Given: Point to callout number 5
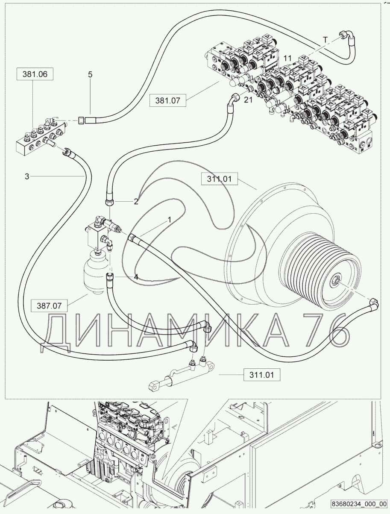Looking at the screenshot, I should (x=90, y=74).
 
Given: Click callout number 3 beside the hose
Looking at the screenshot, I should (x=27, y=176).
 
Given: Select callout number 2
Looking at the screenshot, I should (x=136, y=202).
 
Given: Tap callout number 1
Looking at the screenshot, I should (x=170, y=219).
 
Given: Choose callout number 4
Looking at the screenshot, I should (x=136, y=276).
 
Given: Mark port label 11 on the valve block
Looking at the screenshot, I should (x=287, y=57).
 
